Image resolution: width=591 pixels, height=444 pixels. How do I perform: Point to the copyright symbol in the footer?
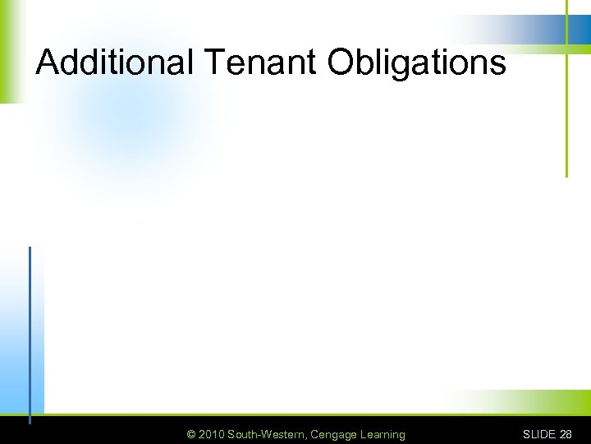coord(191,434)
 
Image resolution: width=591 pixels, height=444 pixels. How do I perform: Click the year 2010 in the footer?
coord(211,434)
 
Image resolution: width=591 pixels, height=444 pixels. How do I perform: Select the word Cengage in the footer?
coord(333,435)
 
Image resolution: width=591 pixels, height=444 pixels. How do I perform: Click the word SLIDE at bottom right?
coord(538,434)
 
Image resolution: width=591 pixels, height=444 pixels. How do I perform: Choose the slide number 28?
coord(565,434)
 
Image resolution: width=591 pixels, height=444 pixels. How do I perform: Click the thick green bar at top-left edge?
coord(7,49)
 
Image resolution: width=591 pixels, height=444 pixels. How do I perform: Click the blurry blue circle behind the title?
coord(131,115)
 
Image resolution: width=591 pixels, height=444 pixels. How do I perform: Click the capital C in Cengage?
coord(314,434)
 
